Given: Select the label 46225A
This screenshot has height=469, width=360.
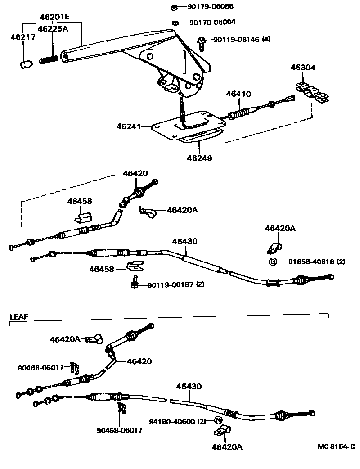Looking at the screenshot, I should click(x=52, y=29).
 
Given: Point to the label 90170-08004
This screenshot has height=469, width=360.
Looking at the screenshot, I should click(x=212, y=22).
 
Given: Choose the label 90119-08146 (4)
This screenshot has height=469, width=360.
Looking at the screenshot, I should click(x=242, y=40).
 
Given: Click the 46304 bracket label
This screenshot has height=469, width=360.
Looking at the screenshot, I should click(x=303, y=68).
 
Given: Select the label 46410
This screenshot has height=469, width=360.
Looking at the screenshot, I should click(x=238, y=94).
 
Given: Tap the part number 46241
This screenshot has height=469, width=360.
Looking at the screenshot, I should click(x=129, y=126).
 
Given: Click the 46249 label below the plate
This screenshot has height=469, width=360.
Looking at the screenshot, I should click(x=200, y=158).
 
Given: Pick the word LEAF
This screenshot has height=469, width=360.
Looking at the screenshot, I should click(x=19, y=317).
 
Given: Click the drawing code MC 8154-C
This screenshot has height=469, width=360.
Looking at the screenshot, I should click(x=336, y=447).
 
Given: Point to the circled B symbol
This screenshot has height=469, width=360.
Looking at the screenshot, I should click(x=273, y=262).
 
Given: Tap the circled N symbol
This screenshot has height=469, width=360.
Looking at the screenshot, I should click(x=217, y=421).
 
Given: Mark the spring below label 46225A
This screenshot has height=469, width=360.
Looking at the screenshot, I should click(x=49, y=59).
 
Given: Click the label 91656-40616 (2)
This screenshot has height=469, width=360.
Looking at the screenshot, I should click(x=314, y=262).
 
